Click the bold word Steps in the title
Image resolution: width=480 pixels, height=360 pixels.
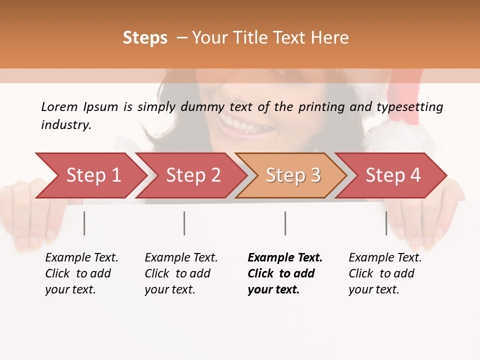click(x=145, y=38)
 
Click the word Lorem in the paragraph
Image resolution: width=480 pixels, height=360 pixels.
click(x=59, y=106)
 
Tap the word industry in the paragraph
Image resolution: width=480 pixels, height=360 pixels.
click(x=66, y=124)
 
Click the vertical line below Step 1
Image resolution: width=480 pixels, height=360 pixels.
click(x=84, y=223)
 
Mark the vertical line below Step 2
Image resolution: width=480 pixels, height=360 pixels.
click(x=184, y=223)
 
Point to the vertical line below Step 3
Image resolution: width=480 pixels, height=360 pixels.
click(x=285, y=223)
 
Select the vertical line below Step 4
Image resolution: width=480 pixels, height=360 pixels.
click(x=386, y=223)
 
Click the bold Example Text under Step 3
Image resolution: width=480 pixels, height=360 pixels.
click(x=285, y=258)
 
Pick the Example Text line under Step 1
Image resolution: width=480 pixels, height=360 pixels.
click(x=81, y=258)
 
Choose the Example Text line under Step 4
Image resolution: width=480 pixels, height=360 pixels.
click(x=385, y=258)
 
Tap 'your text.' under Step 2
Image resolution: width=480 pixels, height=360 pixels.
click(x=169, y=289)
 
